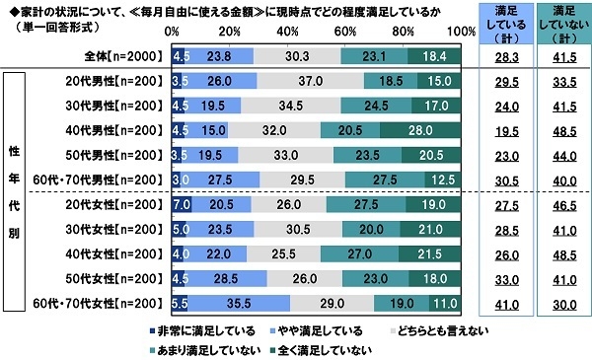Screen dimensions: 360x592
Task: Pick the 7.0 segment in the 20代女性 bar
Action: (x=182, y=202)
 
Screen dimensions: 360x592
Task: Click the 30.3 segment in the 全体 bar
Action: (x=297, y=57)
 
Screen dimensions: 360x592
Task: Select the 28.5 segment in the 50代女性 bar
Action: (x=226, y=279)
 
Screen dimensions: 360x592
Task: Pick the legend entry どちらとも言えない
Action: (x=442, y=331)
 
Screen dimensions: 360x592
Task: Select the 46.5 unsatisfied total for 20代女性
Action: (x=558, y=203)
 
